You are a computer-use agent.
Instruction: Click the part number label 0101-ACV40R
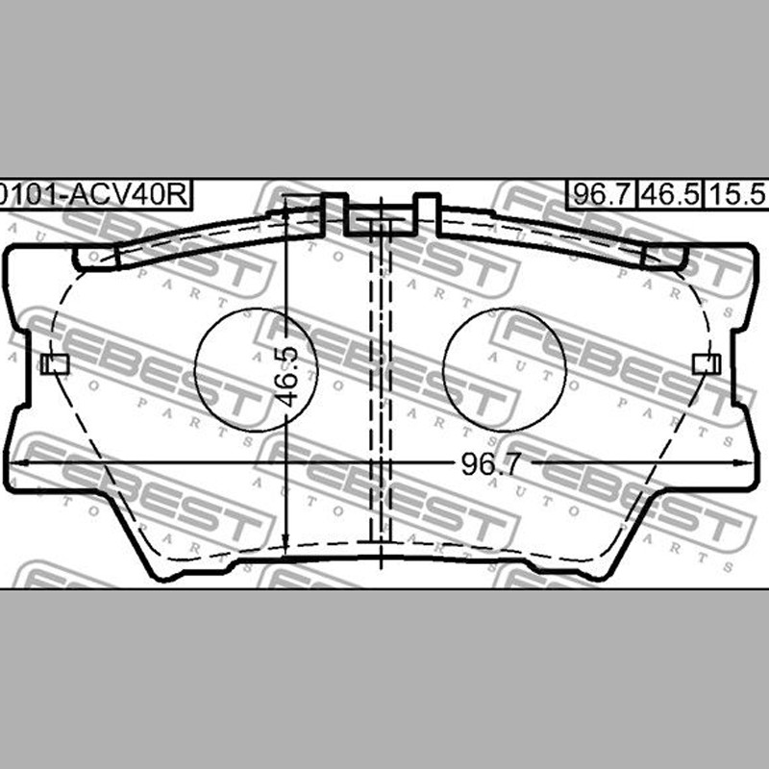(x=93, y=195)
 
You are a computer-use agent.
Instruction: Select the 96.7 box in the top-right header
(x=601, y=195)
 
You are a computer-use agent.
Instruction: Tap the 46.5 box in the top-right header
(x=670, y=195)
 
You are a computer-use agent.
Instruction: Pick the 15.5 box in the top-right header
(x=737, y=195)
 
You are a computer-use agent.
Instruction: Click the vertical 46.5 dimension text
(x=286, y=377)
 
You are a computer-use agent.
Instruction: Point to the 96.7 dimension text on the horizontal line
(x=489, y=464)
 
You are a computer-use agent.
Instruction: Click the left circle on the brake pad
(x=257, y=370)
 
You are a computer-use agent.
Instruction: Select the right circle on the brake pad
(x=504, y=370)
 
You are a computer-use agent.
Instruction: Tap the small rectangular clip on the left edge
(x=55, y=364)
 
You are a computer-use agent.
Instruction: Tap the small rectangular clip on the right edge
(x=707, y=364)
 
